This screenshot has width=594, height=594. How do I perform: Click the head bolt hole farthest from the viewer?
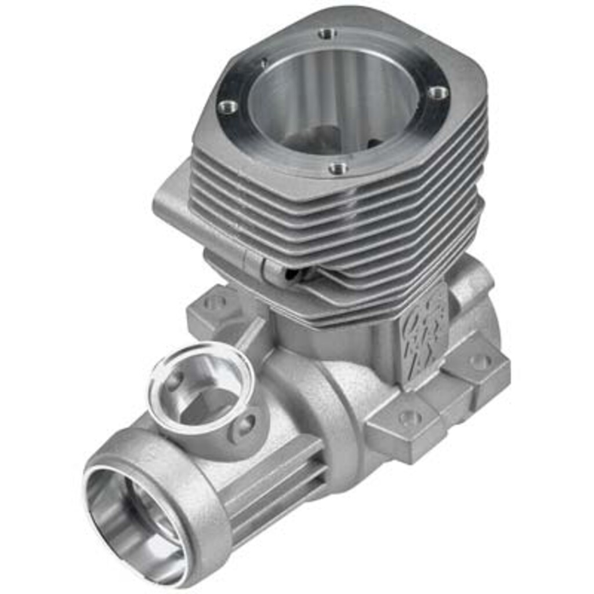point(327,34)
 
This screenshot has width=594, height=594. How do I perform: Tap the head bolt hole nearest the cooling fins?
point(338,169)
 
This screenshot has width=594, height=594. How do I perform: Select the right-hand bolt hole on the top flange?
point(438,92)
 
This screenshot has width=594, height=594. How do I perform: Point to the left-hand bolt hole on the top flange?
point(227,107)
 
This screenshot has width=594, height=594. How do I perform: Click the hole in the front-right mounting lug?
point(410,417)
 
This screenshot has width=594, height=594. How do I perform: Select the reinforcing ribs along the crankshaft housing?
point(273,487)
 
